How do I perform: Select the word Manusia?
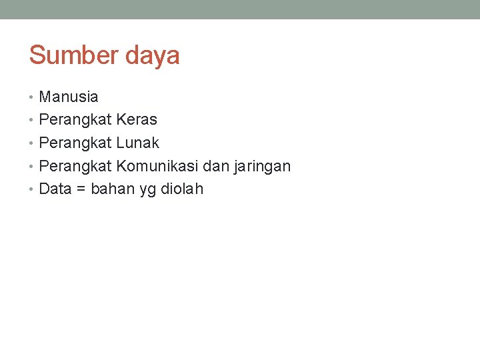coord(69,97)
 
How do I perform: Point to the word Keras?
coord(137,120)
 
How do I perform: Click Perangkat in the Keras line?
coord(75,120)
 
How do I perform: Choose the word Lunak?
coord(137,143)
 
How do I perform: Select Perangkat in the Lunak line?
coord(75,143)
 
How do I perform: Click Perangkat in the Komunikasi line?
coord(75,166)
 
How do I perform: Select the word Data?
coord(55,189)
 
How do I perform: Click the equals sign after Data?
coord(81,189)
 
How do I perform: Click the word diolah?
coord(182,189)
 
